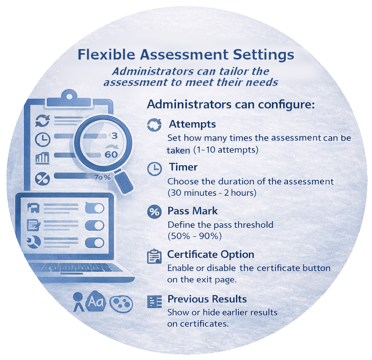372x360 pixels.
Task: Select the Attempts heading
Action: click(192, 124)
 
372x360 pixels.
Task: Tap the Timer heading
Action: click(183, 167)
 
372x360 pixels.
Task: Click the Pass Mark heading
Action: click(192, 211)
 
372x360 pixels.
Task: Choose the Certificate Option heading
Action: click(211, 255)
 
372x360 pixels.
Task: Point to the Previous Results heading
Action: click(207, 299)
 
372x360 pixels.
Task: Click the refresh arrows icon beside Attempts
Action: click(154, 124)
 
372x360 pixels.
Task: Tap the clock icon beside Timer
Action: click(154, 169)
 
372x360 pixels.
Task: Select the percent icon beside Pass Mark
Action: click(154, 212)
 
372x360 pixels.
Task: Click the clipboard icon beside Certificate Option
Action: click(154, 256)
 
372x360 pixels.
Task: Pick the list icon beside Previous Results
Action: click(154, 302)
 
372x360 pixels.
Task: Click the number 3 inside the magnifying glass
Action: click(115, 136)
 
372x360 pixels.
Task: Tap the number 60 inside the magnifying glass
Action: click(111, 155)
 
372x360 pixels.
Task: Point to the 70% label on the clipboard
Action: click(103, 177)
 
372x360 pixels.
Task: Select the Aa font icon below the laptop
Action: click(96, 301)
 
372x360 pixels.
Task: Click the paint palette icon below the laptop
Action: click(121, 303)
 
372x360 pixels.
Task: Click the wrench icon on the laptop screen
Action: click(34, 242)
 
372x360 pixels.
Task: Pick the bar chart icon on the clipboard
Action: click(43, 158)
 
